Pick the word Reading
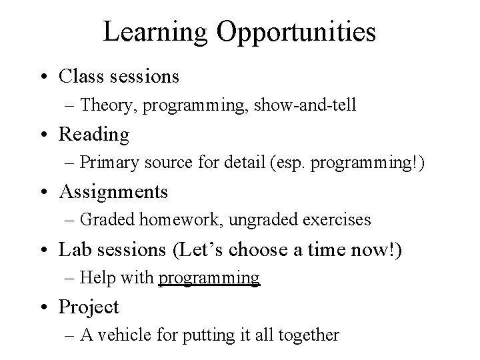click(x=94, y=135)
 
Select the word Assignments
click(x=113, y=192)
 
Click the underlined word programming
click(x=209, y=278)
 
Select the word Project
click(x=89, y=307)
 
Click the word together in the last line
click(x=309, y=335)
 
